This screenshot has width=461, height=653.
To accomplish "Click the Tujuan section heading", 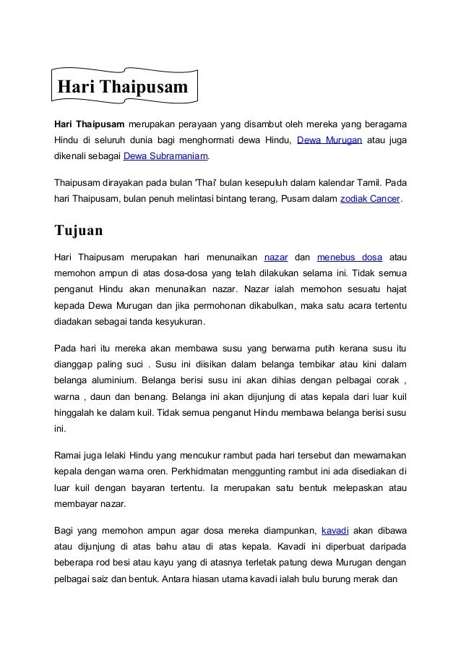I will pos(79,231).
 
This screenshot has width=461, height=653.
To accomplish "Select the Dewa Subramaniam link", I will pos(166,155).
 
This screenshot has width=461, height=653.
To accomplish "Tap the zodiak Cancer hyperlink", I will pos(370,197).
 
